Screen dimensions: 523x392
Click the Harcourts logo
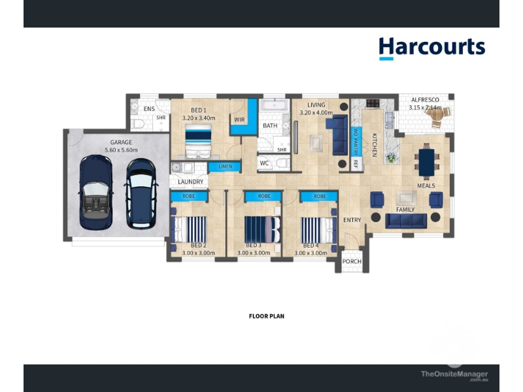(x=432, y=48)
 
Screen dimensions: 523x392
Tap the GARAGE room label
(x=121, y=142)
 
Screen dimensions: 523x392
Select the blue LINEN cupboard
(x=225, y=167)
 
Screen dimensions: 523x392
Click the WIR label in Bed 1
(x=239, y=120)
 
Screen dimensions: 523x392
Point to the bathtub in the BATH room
(x=275, y=105)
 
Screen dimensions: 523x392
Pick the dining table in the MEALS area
(x=427, y=162)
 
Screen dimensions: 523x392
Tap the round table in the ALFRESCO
(x=436, y=115)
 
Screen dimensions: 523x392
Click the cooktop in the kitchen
(x=373, y=103)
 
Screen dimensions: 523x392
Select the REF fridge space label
(x=356, y=164)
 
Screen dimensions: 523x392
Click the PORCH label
(x=352, y=261)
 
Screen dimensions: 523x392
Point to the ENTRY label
(x=352, y=220)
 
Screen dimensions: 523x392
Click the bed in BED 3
(x=263, y=229)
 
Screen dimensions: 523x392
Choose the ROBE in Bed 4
(x=320, y=197)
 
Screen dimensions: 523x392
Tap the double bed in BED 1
(x=199, y=140)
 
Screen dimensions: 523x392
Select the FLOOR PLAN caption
(x=267, y=316)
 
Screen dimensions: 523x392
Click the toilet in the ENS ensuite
(x=137, y=123)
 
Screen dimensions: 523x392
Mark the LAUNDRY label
(x=190, y=182)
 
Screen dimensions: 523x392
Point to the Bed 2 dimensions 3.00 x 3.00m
(x=199, y=253)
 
